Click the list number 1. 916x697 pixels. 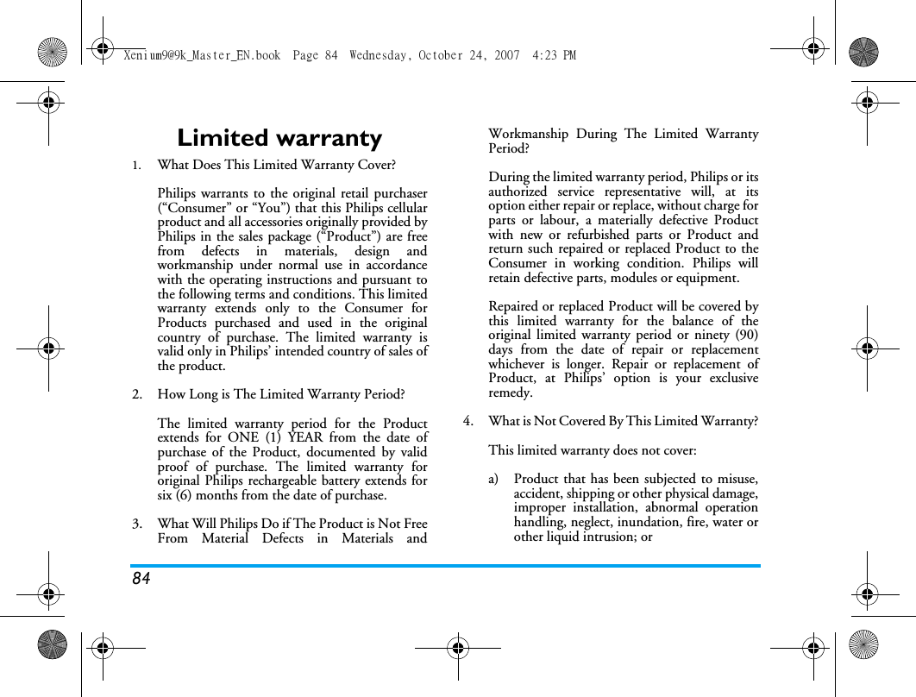pos(136,165)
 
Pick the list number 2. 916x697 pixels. pos(137,395)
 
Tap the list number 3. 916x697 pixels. pos(137,524)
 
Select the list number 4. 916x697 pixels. pos(467,422)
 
